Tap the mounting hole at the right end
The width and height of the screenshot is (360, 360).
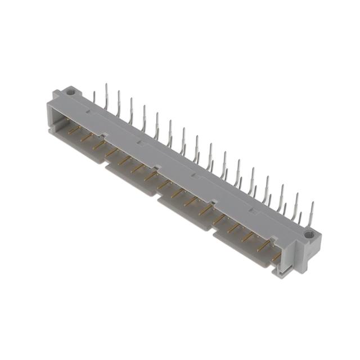tap(308, 233)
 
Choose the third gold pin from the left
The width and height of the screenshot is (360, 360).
tap(99, 145)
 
